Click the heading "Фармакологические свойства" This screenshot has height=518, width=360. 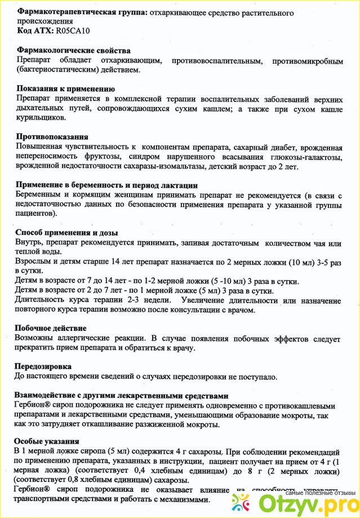click(x=74, y=51)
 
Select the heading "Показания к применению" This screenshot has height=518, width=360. click(x=66, y=88)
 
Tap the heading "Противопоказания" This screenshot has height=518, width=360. click(x=52, y=136)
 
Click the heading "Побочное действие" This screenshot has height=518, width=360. click(x=51, y=328)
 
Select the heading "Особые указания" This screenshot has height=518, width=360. click(x=48, y=441)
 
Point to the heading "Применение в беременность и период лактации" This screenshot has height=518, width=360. click(x=106, y=185)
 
